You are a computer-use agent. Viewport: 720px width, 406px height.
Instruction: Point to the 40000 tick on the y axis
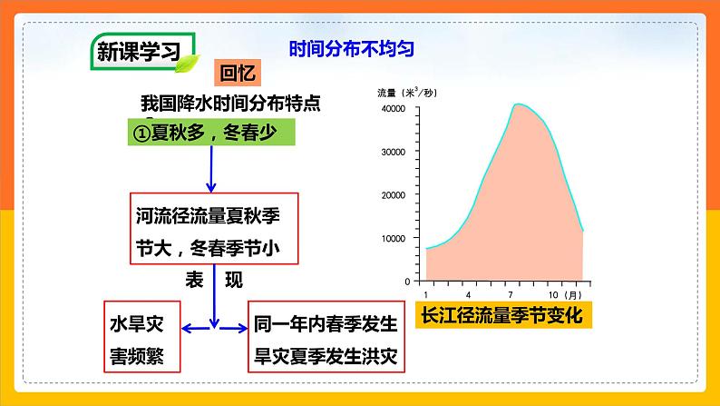pyautogui.click(x=391, y=110)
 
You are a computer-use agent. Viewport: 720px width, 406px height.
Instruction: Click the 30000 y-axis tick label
pyautogui.click(x=391, y=153)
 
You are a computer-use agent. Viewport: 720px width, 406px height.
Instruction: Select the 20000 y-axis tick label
pyautogui.click(x=391, y=195)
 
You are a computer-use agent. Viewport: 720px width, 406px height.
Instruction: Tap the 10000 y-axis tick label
pyautogui.click(x=391, y=238)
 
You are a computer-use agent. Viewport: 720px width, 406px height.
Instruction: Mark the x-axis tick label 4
pyautogui.click(x=468, y=295)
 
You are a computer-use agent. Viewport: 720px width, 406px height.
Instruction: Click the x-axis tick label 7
pyautogui.click(x=511, y=295)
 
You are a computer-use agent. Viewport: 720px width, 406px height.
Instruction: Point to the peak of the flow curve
pyautogui.click(x=518, y=104)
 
